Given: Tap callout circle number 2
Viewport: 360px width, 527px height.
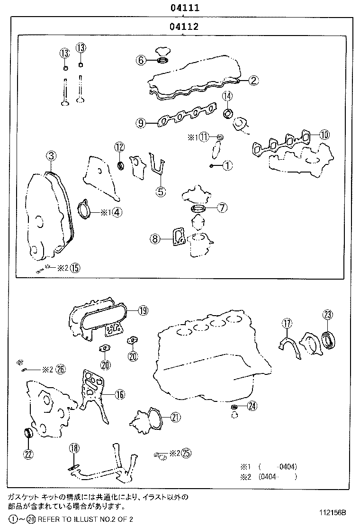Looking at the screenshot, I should tap(254, 81).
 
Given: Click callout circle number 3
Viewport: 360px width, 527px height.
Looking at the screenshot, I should tap(51, 155).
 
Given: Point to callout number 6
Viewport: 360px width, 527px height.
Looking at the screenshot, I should tap(140, 60).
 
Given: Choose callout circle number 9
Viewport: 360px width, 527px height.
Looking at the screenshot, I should tap(140, 123).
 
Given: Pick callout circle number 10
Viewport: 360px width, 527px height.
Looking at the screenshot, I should tap(324, 135).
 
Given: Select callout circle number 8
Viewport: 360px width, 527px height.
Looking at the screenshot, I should tap(155, 239).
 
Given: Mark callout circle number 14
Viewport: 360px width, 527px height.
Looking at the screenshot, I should tap(227, 96).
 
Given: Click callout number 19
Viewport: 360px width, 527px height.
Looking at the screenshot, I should tap(143, 311).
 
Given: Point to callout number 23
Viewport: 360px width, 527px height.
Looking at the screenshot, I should tap(328, 314).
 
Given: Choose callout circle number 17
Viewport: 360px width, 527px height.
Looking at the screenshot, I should tap(287, 324).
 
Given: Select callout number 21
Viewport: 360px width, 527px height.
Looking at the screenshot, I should tap(176, 417).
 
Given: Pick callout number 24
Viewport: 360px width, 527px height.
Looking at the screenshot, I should tap(252, 406).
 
